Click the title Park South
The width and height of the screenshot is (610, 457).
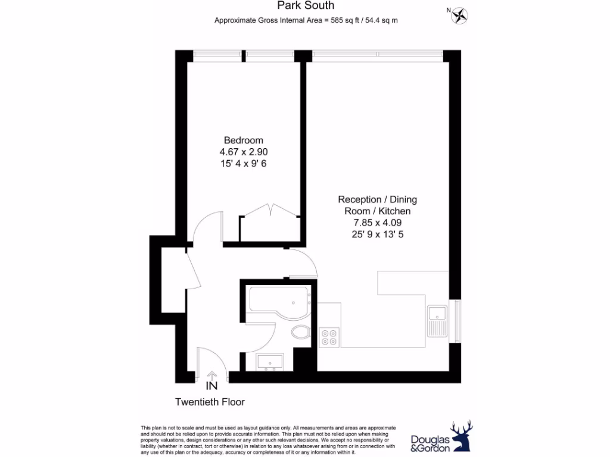306,6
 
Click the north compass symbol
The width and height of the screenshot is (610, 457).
460,14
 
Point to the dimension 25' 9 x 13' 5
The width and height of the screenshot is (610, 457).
377,234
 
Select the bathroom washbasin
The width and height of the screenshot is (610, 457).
270,361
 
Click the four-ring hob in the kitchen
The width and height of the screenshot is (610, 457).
328,337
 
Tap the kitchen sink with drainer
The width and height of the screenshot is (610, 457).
437,321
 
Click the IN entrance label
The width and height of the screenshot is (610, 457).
211,385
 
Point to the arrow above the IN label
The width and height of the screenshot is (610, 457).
211,374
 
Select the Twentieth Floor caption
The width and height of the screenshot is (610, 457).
210,402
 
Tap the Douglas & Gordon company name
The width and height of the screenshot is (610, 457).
429,443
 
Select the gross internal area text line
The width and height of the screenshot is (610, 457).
306,20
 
